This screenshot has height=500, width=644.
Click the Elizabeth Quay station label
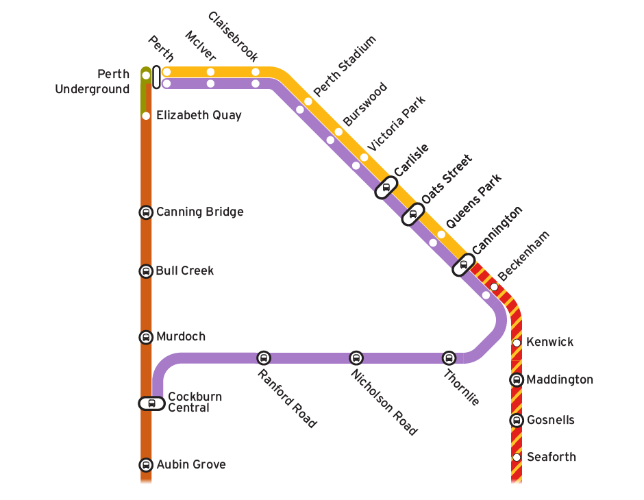(199, 115)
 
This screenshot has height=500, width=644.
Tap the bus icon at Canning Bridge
(146, 212)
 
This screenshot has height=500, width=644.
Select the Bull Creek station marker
(146, 271)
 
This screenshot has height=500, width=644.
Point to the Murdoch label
(181, 337)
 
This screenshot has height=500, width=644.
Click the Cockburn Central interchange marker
(151, 403)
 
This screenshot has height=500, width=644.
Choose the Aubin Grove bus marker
(146, 465)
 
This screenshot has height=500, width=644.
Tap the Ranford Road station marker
(264, 358)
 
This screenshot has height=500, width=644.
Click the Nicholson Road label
(383, 402)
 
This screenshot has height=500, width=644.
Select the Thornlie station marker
(449, 358)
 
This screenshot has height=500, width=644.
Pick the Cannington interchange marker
(464, 265)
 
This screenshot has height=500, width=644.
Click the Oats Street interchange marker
(412, 214)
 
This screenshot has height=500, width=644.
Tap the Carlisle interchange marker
(386, 187)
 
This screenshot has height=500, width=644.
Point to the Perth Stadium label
(345, 66)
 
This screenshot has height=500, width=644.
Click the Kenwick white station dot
(517, 342)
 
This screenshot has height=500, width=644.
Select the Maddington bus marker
(517, 380)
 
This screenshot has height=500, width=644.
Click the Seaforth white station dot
(517, 457)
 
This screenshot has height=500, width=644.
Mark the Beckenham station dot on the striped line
(494, 286)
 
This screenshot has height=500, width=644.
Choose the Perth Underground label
(93, 82)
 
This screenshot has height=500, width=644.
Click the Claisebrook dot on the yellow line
(256, 72)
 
